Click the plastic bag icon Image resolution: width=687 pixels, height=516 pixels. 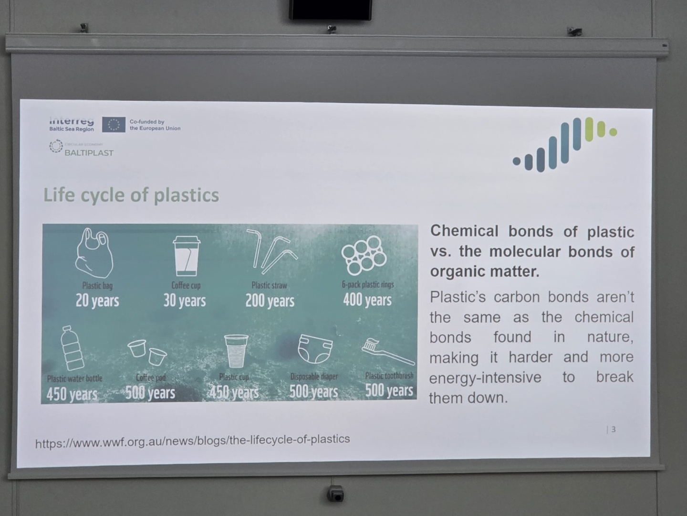tap(94, 253)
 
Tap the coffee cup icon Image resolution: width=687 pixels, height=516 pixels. tap(186, 256)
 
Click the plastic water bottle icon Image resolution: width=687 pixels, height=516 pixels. tap(72, 348)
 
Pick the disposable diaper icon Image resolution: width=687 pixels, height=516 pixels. tap(315, 349)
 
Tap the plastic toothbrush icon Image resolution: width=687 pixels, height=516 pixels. tap(387, 351)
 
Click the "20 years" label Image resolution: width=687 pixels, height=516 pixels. tap(97, 301)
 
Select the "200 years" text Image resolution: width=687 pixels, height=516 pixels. tap(270, 301)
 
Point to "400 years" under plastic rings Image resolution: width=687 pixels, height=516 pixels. tap(367, 300)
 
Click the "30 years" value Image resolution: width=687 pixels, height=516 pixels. tap(185, 301)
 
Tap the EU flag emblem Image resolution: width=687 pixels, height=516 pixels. tap(114, 125)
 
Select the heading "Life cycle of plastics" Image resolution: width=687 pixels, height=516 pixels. tap(131, 195)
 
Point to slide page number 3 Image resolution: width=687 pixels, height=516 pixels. tap(613, 430)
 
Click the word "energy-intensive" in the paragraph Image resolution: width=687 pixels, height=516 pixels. tap(485, 378)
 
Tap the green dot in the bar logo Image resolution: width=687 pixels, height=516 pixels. tap(613, 132)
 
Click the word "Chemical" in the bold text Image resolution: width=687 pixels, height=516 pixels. tap(464, 231)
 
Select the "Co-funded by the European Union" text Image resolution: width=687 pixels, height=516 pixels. tap(155, 125)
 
